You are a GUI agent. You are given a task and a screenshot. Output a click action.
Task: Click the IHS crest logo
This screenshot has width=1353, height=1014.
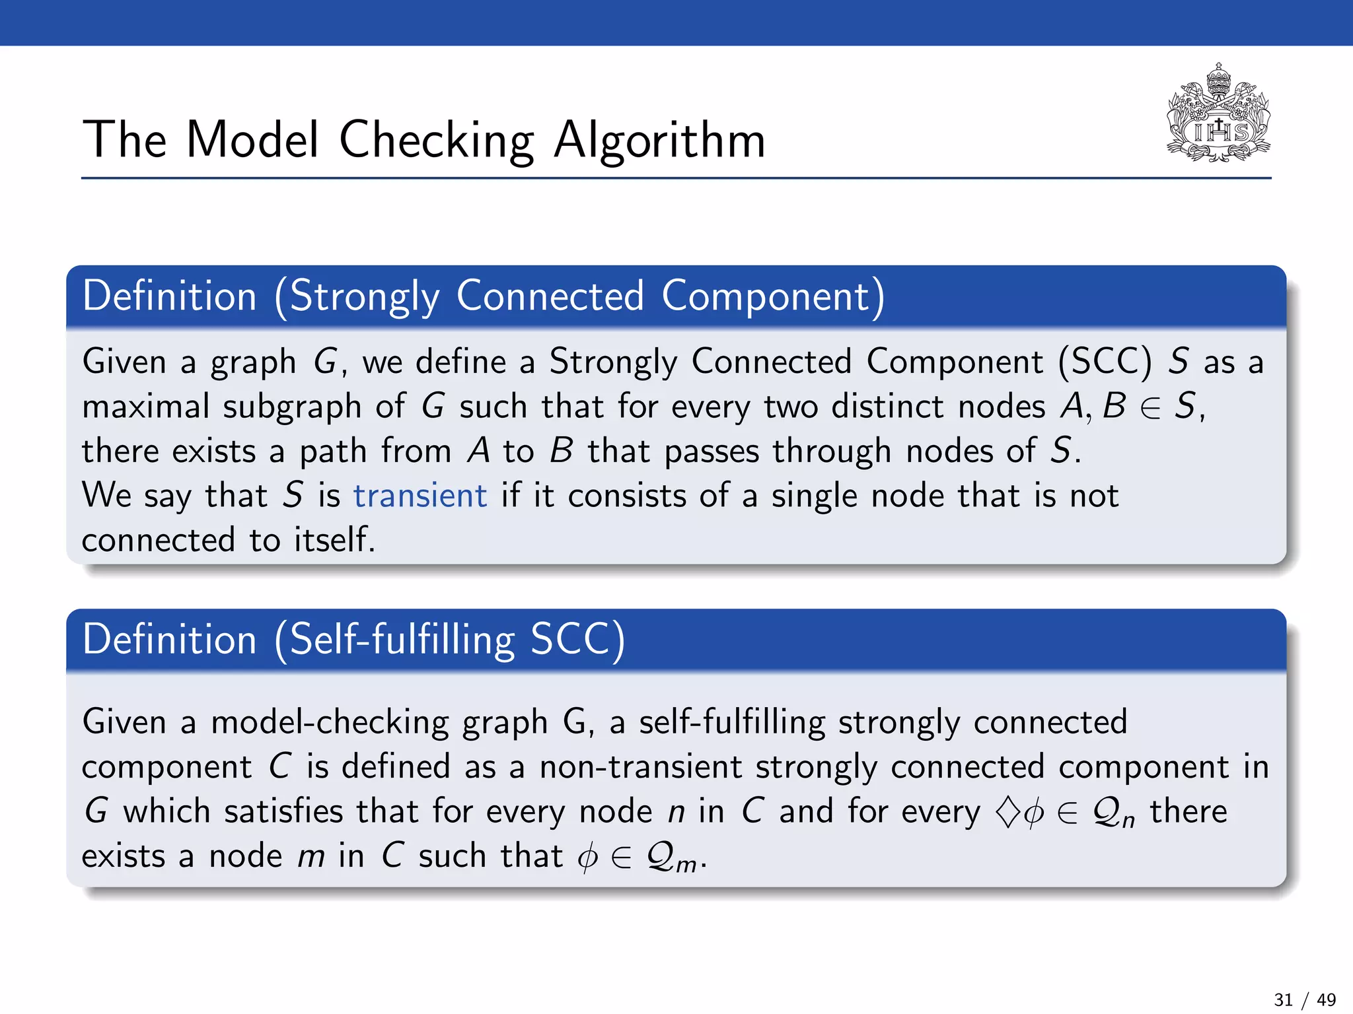tap(1218, 114)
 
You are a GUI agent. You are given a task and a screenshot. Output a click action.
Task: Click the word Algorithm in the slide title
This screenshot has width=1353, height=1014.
tap(659, 141)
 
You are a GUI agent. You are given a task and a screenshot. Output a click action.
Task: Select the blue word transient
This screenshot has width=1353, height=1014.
tap(420, 495)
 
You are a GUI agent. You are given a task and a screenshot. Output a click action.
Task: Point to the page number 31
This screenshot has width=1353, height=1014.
tap(1283, 999)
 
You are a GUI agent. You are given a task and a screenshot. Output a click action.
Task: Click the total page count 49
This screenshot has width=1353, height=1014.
tap(1326, 999)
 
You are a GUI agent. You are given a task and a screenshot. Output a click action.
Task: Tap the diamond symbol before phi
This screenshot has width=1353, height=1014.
tap(1007, 812)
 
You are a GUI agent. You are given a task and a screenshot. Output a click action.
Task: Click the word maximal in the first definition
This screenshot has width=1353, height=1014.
tap(145, 406)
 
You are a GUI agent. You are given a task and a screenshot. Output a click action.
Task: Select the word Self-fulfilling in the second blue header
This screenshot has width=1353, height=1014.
tap(402, 640)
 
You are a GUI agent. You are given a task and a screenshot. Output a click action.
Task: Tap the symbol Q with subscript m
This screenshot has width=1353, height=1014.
tap(671, 858)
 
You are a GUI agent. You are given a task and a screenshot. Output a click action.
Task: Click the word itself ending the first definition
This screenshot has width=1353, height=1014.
tap(334, 539)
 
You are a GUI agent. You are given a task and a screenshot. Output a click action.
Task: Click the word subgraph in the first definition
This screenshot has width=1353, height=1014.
tap(291, 407)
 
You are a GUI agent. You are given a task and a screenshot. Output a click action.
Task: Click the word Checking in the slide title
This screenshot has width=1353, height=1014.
tap(437, 141)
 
